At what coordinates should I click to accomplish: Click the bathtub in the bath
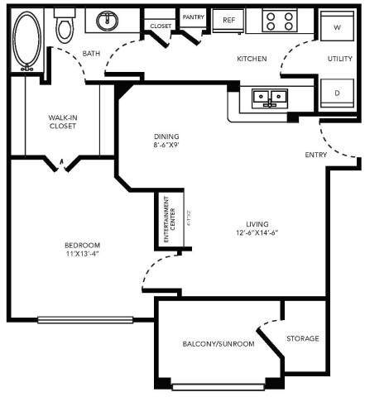(26, 41)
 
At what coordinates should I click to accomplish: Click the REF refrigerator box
(229, 20)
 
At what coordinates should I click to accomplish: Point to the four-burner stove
(279, 20)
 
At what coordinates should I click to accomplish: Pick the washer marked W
(337, 27)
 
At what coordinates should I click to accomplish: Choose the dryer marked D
(337, 93)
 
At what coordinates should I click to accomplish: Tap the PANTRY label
(194, 17)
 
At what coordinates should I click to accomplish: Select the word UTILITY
(339, 59)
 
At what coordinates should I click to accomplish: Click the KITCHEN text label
(251, 59)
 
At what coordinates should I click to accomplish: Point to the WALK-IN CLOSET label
(63, 122)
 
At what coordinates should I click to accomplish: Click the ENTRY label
(315, 155)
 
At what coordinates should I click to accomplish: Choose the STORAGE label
(303, 339)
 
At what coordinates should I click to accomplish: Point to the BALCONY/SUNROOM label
(218, 344)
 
